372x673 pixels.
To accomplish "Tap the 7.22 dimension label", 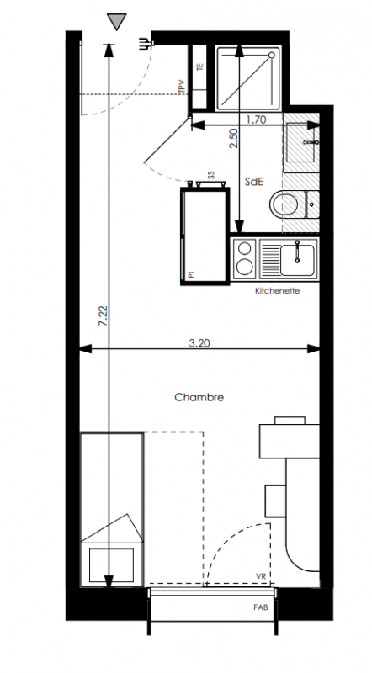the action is point(103,316).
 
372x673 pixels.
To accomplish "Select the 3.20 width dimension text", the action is point(199,343).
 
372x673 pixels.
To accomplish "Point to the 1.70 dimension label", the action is point(256,119).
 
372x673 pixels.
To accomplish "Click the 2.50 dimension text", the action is point(233,139).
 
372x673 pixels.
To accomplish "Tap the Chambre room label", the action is point(199,397).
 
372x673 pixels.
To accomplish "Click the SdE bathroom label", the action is point(254,182).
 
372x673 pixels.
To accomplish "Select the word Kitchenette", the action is point(278,290).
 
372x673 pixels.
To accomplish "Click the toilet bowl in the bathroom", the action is point(284,204).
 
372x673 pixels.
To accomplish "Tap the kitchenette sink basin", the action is point(297,260).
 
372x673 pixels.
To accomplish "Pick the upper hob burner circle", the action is point(245,248).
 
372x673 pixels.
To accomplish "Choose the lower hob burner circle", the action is point(245,267).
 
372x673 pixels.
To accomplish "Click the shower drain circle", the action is point(272,56).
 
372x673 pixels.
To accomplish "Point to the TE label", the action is point(199,67).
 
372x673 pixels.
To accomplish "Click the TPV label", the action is point(182,87).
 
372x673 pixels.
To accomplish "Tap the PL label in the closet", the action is point(191,274).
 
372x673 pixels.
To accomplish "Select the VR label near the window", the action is point(261,576).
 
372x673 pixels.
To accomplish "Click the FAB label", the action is point(261,607).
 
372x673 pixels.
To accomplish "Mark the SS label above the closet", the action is point(211,175).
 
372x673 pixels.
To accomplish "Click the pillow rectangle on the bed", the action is point(111,564).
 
